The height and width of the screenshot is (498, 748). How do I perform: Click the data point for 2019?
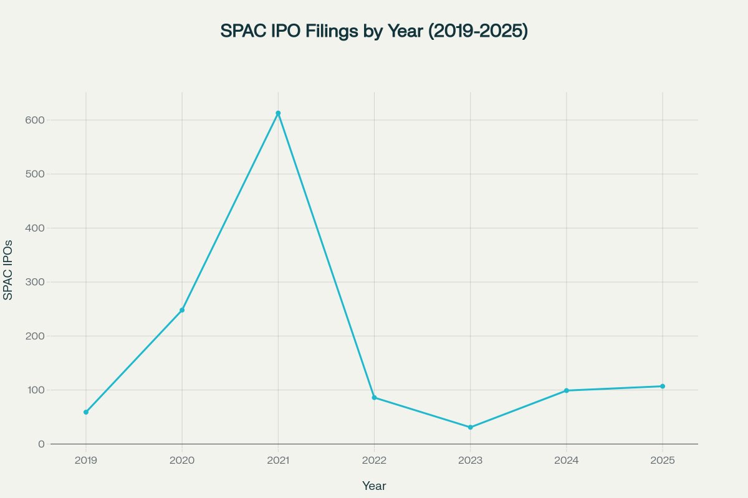tap(86, 412)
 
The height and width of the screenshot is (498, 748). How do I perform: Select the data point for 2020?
tap(182, 310)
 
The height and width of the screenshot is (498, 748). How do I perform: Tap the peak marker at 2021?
tap(278, 113)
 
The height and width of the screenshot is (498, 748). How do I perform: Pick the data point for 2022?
tap(374, 397)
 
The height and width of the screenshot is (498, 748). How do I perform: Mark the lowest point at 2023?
tap(470, 427)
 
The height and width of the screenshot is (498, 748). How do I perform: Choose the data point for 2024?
tap(566, 390)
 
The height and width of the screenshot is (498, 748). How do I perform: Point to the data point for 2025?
tap(662, 386)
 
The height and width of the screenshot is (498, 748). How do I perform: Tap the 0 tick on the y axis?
tap(41, 444)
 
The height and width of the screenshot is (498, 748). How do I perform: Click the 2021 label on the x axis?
tap(278, 461)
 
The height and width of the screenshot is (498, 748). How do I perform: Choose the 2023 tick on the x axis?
tap(470, 461)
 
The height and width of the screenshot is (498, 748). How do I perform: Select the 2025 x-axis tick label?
tap(662, 461)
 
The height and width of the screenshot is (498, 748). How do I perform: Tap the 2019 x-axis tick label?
tap(86, 461)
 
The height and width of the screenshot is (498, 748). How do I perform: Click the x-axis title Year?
tap(374, 486)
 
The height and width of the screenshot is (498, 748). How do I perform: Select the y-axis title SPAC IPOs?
tap(8, 269)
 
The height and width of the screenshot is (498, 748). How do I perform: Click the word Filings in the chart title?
tap(333, 31)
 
